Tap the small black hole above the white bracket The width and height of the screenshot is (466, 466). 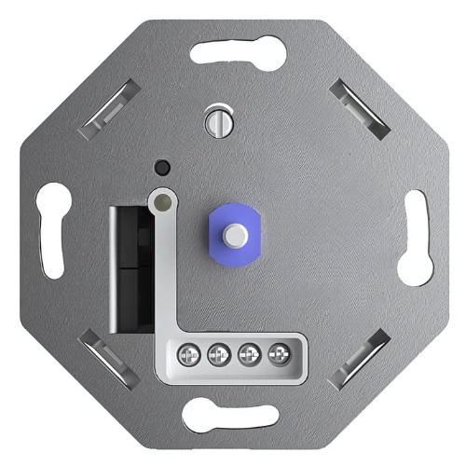click(x=163, y=168)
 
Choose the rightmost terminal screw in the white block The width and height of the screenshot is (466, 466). click(x=278, y=354)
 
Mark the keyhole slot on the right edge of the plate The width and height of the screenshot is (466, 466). click(x=414, y=238)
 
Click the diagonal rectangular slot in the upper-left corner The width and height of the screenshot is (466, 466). click(x=109, y=108)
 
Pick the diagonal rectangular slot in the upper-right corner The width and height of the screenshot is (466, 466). click(x=357, y=105)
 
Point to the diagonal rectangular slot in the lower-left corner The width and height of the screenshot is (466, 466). click(x=105, y=357)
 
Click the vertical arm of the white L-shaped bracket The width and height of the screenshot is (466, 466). click(x=165, y=270)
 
